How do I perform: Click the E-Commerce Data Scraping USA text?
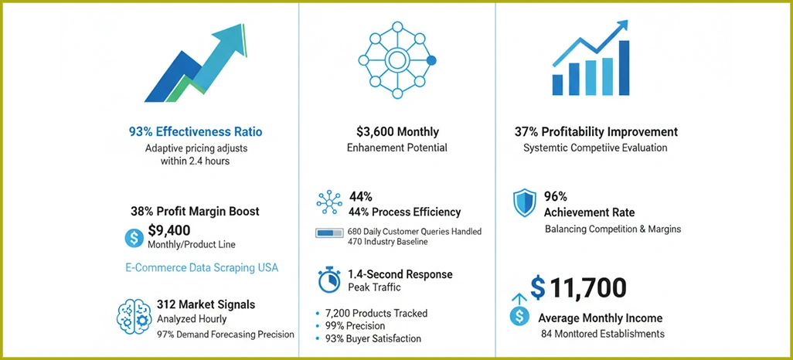pos(201,268)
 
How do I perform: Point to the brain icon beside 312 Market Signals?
pos(132,317)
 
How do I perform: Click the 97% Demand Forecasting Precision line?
pos(225,335)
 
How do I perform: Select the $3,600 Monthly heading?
pos(397,132)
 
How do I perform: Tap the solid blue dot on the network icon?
pos(431,60)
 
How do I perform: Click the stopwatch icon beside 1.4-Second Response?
pos(329,280)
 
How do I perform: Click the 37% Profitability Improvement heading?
pos(596,132)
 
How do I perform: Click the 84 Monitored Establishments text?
pos(603,335)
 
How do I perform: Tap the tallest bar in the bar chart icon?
pos(624,67)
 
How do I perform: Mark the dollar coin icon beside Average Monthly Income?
pos(520,316)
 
